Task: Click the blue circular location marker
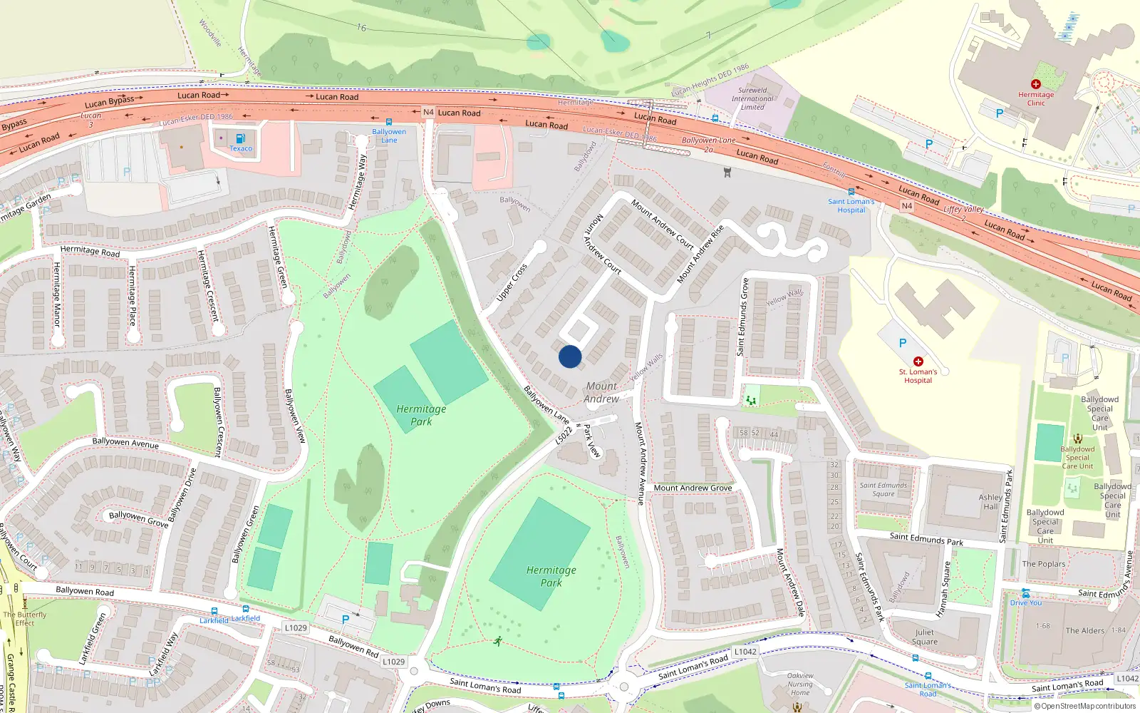(570, 356)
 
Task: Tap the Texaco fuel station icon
(240, 139)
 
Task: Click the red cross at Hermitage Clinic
(1036, 84)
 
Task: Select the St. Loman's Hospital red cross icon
(918, 361)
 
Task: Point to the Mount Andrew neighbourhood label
(601, 392)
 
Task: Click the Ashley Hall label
(990, 502)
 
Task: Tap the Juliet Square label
(925, 637)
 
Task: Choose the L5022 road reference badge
(564, 434)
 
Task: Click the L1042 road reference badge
(745, 652)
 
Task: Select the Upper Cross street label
(512, 282)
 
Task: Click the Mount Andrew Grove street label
(693, 488)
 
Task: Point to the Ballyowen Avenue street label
(125, 443)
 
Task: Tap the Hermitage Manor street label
(57, 294)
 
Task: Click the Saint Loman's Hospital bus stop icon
(851, 192)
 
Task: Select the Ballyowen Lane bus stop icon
(389, 122)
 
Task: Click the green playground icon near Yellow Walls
(751, 400)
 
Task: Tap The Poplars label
(1044, 564)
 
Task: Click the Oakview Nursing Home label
(800, 684)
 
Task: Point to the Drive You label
(1025, 603)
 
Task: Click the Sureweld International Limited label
(752, 99)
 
